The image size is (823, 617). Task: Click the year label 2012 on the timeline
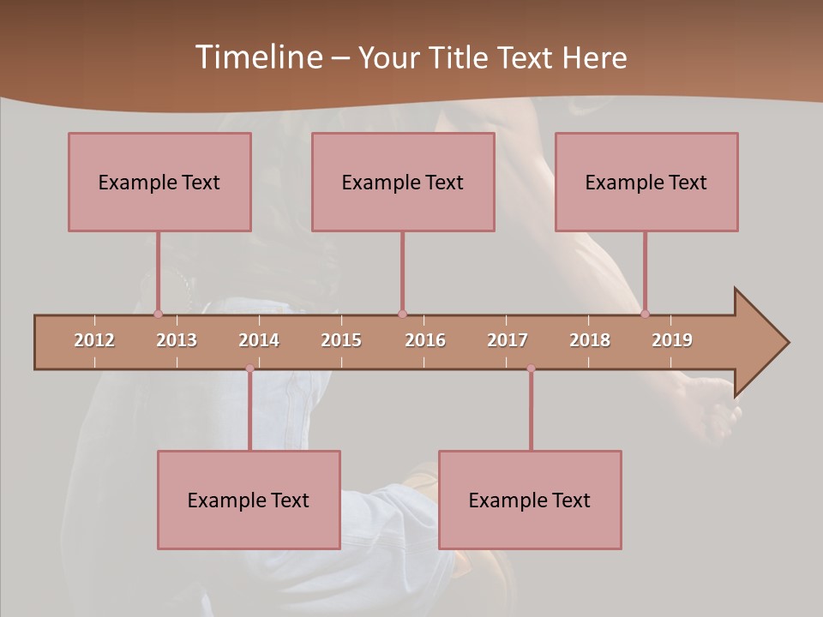94,340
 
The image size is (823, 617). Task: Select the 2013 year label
177,340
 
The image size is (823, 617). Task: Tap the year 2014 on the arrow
259,340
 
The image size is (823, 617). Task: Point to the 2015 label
341,340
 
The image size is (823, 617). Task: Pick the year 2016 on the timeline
425,340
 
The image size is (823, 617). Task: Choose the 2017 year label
508,340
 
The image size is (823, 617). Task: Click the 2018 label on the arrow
590,340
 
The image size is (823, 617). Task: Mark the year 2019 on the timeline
672,340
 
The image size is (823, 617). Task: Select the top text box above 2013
159,182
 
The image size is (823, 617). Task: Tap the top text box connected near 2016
403,182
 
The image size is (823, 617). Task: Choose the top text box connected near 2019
646,182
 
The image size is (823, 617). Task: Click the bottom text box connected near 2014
249,500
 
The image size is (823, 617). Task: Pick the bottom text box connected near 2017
530,500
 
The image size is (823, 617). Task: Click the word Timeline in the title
258,57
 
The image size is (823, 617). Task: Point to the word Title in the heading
462,57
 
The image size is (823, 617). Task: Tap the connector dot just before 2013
158,314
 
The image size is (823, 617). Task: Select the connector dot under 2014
249,368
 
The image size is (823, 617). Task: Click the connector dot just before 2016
402,314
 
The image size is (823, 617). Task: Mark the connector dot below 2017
531,368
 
